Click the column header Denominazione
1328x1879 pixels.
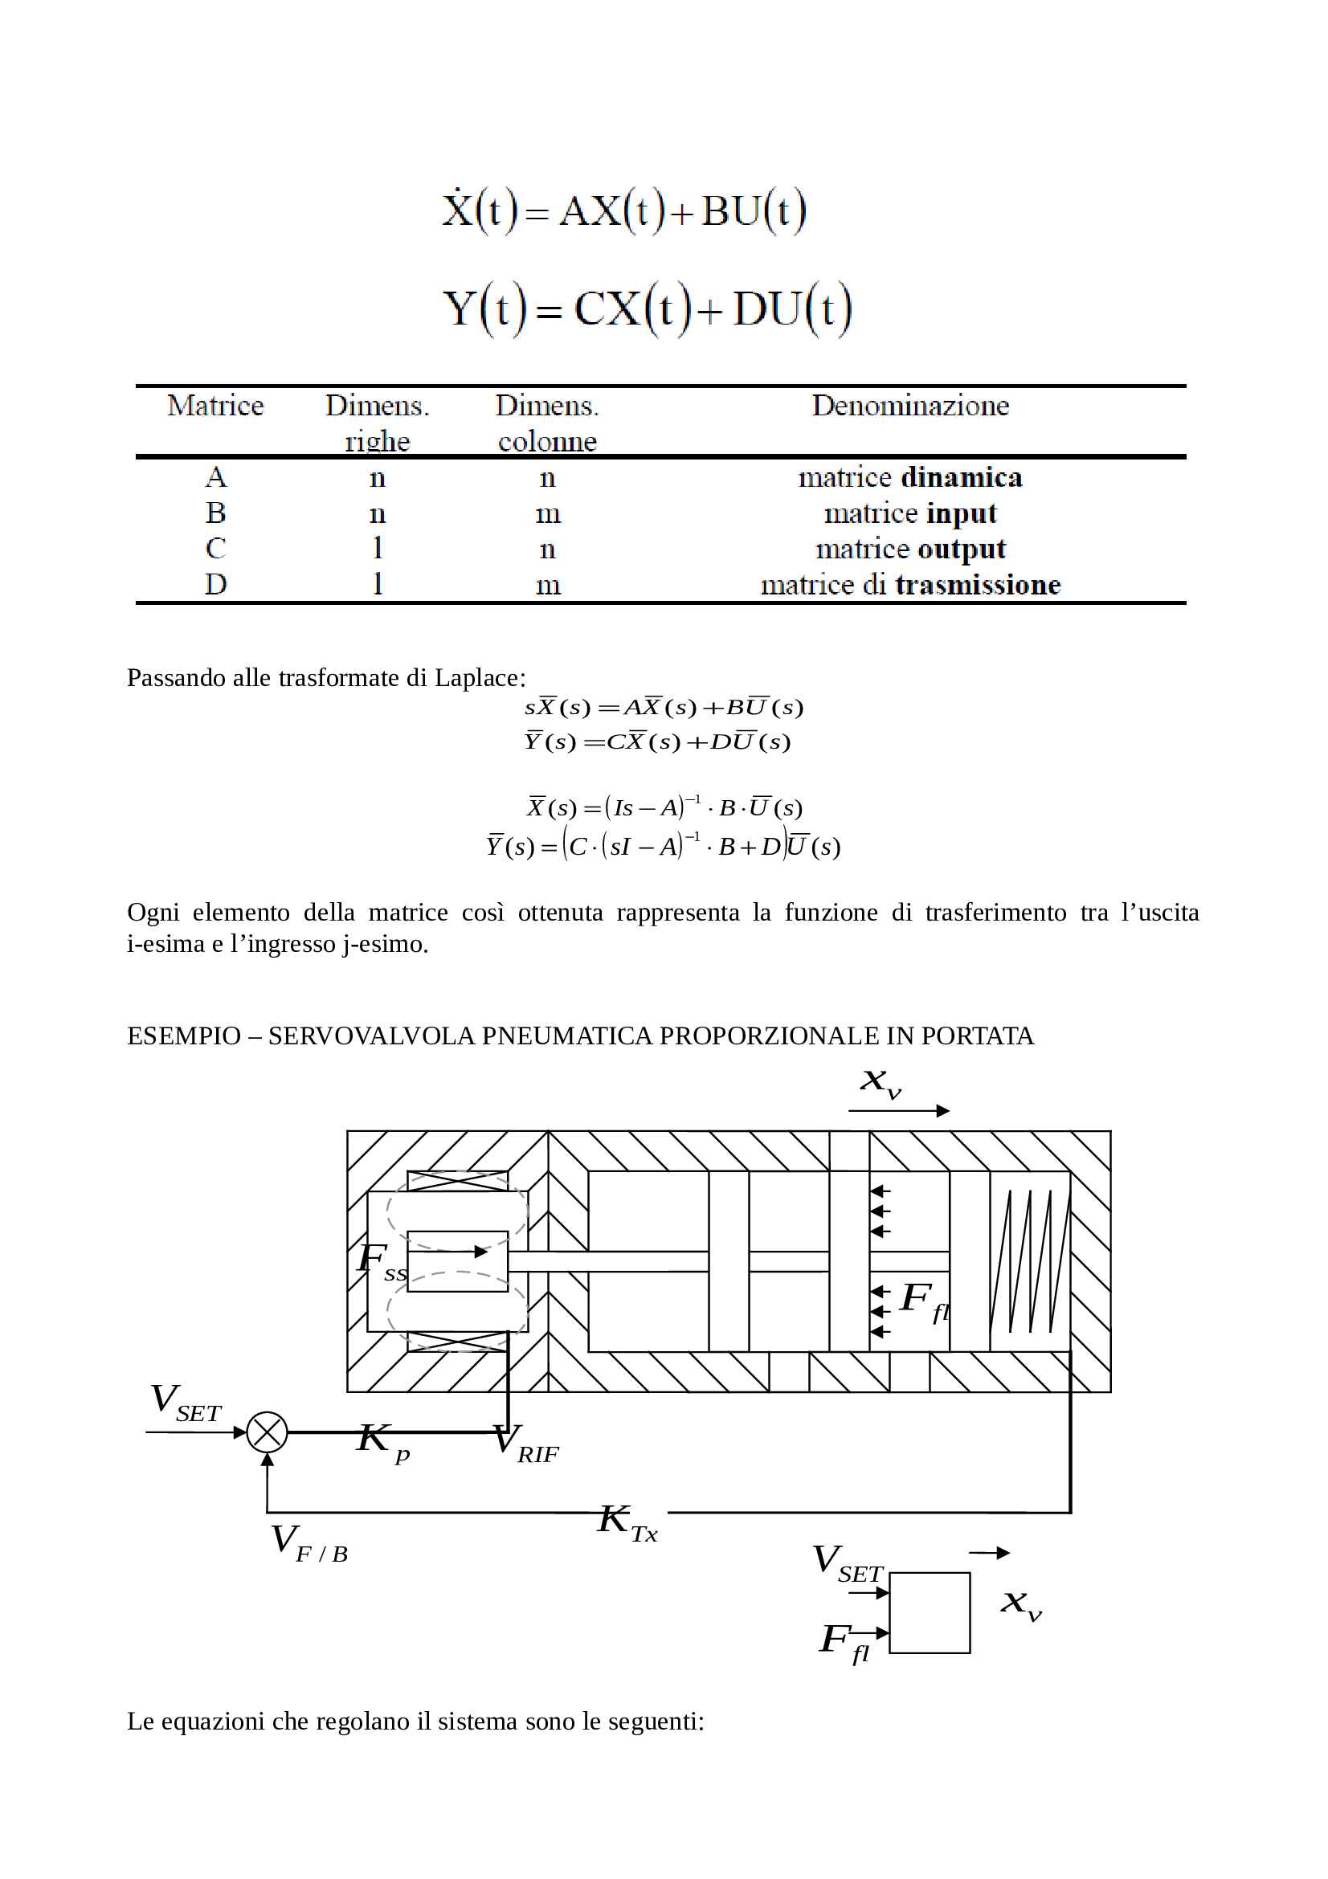910,406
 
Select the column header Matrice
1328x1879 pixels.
215,406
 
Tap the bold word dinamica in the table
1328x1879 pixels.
962,477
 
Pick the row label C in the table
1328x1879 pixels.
215,549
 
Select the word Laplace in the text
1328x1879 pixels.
480,678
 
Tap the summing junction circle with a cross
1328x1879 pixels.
267,1432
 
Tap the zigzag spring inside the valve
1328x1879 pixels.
1030,1261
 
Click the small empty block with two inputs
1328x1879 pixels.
930,1613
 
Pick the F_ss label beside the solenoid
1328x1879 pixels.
382,1261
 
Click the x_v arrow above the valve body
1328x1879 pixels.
898,1110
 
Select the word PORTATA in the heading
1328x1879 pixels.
977,1036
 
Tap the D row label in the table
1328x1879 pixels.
215,584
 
